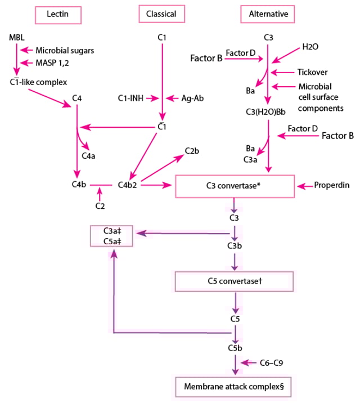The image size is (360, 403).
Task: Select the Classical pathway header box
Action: [x=161, y=14]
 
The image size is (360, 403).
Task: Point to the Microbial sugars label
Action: [x=65, y=50]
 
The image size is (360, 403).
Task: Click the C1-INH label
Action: [x=131, y=98]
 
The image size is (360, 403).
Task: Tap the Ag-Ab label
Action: [x=192, y=98]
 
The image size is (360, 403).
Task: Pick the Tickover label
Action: [x=312, y=71]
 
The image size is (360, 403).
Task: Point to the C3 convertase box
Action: [x=235, y=186]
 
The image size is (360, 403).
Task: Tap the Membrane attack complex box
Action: [x=232, y=386]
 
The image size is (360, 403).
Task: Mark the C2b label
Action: [x=192, y=151]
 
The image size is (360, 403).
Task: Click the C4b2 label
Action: [x=127, y=184]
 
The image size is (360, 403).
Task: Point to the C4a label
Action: [x=88, y=155]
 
